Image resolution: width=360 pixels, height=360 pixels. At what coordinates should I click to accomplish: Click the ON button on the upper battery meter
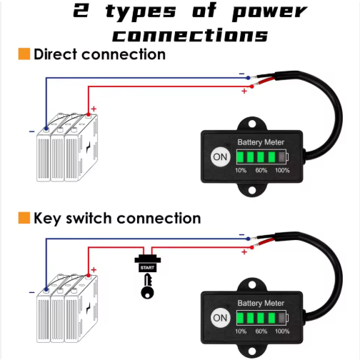tap(220, 157)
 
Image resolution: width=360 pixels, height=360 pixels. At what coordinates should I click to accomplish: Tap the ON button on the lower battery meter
tap(220, 318)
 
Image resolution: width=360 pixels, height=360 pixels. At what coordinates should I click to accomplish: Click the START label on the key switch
tap(147, 268)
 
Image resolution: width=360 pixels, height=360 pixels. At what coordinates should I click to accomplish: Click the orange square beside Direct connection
tap(24, 54)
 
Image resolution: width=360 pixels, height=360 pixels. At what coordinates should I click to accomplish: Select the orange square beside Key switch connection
tap(24, 218)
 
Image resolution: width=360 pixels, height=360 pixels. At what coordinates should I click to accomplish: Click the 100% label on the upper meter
tap(282, 170)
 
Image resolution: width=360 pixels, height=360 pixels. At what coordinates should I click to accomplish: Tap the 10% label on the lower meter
tap(241, 331)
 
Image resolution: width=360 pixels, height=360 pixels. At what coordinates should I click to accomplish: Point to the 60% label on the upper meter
tap(261, 170)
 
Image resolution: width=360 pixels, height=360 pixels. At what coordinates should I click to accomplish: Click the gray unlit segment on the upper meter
tap(282, 157)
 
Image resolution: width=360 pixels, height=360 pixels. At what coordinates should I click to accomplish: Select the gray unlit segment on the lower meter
tap(282, 318)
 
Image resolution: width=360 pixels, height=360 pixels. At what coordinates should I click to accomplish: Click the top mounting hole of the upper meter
tap(252, 124)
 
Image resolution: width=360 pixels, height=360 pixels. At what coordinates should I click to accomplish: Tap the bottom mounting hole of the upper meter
tap(252, 190)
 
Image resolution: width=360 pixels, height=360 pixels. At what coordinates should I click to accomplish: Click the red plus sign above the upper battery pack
tap(94, 109)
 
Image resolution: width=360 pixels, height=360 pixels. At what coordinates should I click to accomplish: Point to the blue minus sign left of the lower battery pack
tap(31, 292)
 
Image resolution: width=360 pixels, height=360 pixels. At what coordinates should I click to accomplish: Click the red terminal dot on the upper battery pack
tap(89, 115)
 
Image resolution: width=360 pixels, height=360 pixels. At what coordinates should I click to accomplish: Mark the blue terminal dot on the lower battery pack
tap(46, 290)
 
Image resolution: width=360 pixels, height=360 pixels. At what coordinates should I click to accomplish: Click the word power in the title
tap(269, 12)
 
